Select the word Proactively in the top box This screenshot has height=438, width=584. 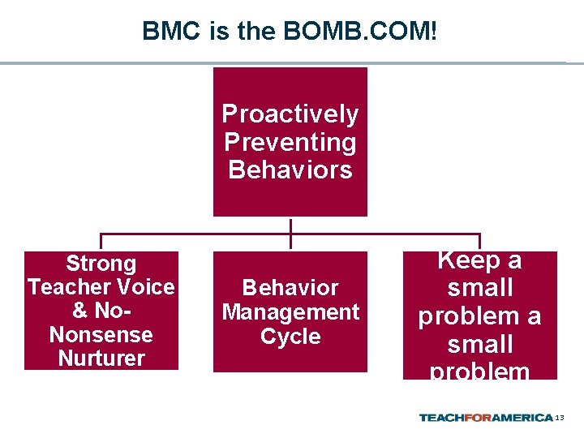(290, 114)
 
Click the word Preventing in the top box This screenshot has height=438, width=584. (290, 143)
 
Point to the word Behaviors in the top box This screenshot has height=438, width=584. (290, 170)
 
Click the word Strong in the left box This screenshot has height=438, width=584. (101, 264)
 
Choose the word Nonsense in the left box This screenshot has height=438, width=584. (101, 334)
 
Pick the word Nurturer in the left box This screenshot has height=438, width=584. (101, 358)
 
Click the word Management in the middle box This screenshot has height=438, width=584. (290, 312)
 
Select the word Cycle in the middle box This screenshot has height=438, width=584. (290, 337)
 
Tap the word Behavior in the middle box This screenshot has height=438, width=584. (290, 288)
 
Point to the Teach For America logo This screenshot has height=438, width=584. (486, 418)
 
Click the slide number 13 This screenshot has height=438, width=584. (559, 418)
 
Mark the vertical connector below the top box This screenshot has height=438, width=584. (290, 232)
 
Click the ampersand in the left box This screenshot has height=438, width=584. (80, 311)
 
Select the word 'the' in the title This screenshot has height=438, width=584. (257, 32)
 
